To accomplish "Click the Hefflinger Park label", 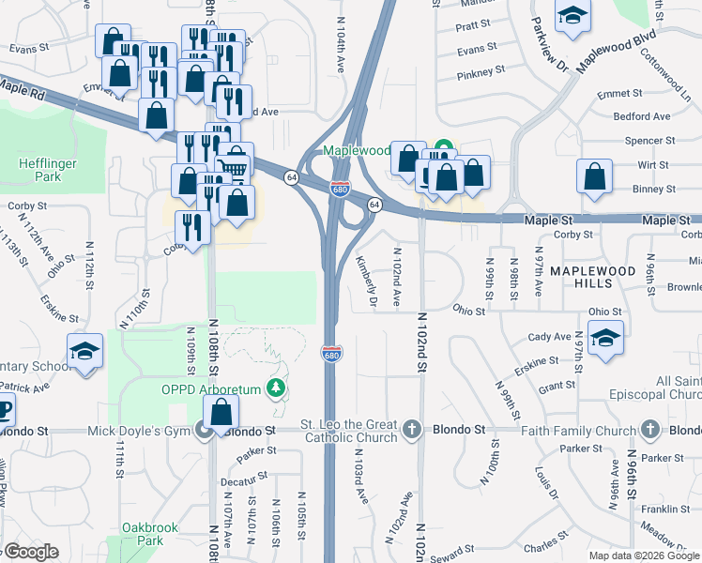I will click(x=39, y=169).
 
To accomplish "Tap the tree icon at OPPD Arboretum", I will click(x=276, y=387).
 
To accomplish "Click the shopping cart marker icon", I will click(x=236, y=163).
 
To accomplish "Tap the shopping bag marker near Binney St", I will click(x=594, y=177).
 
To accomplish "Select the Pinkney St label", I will click(x=481, y=70).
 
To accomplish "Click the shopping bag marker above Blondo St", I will click(x=221, y=413).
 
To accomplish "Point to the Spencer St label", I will click(x=644, y=141).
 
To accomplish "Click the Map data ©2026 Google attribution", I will click(x=643, y=555).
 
